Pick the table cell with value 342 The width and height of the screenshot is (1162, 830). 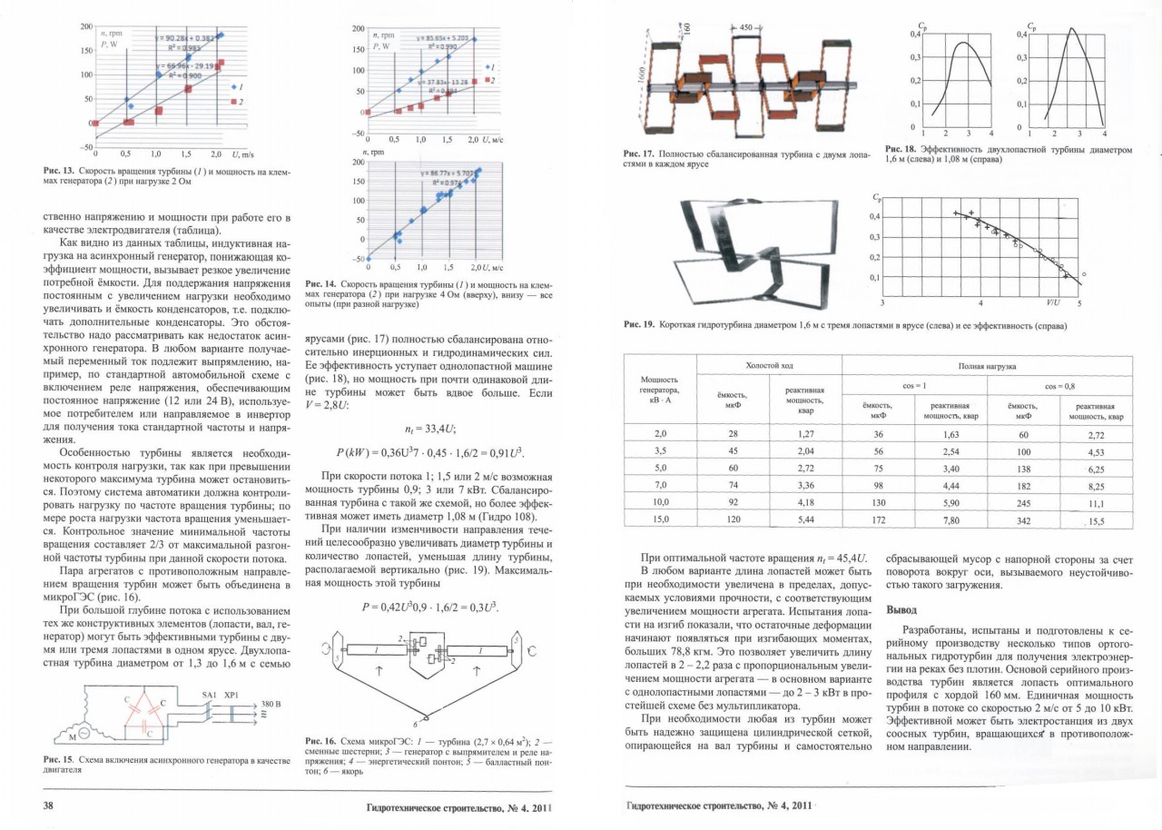1023,519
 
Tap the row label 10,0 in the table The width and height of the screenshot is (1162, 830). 660,502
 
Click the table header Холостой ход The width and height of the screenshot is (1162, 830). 768,364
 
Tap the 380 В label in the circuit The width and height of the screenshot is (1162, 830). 271,704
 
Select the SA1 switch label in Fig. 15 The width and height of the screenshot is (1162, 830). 209,693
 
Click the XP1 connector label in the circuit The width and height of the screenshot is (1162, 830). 231,693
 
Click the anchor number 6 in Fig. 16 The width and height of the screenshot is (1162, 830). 416,724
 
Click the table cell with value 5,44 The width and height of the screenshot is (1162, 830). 804,519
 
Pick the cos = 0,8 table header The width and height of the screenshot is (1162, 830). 1059,386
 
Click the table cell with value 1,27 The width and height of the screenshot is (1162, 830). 804,434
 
